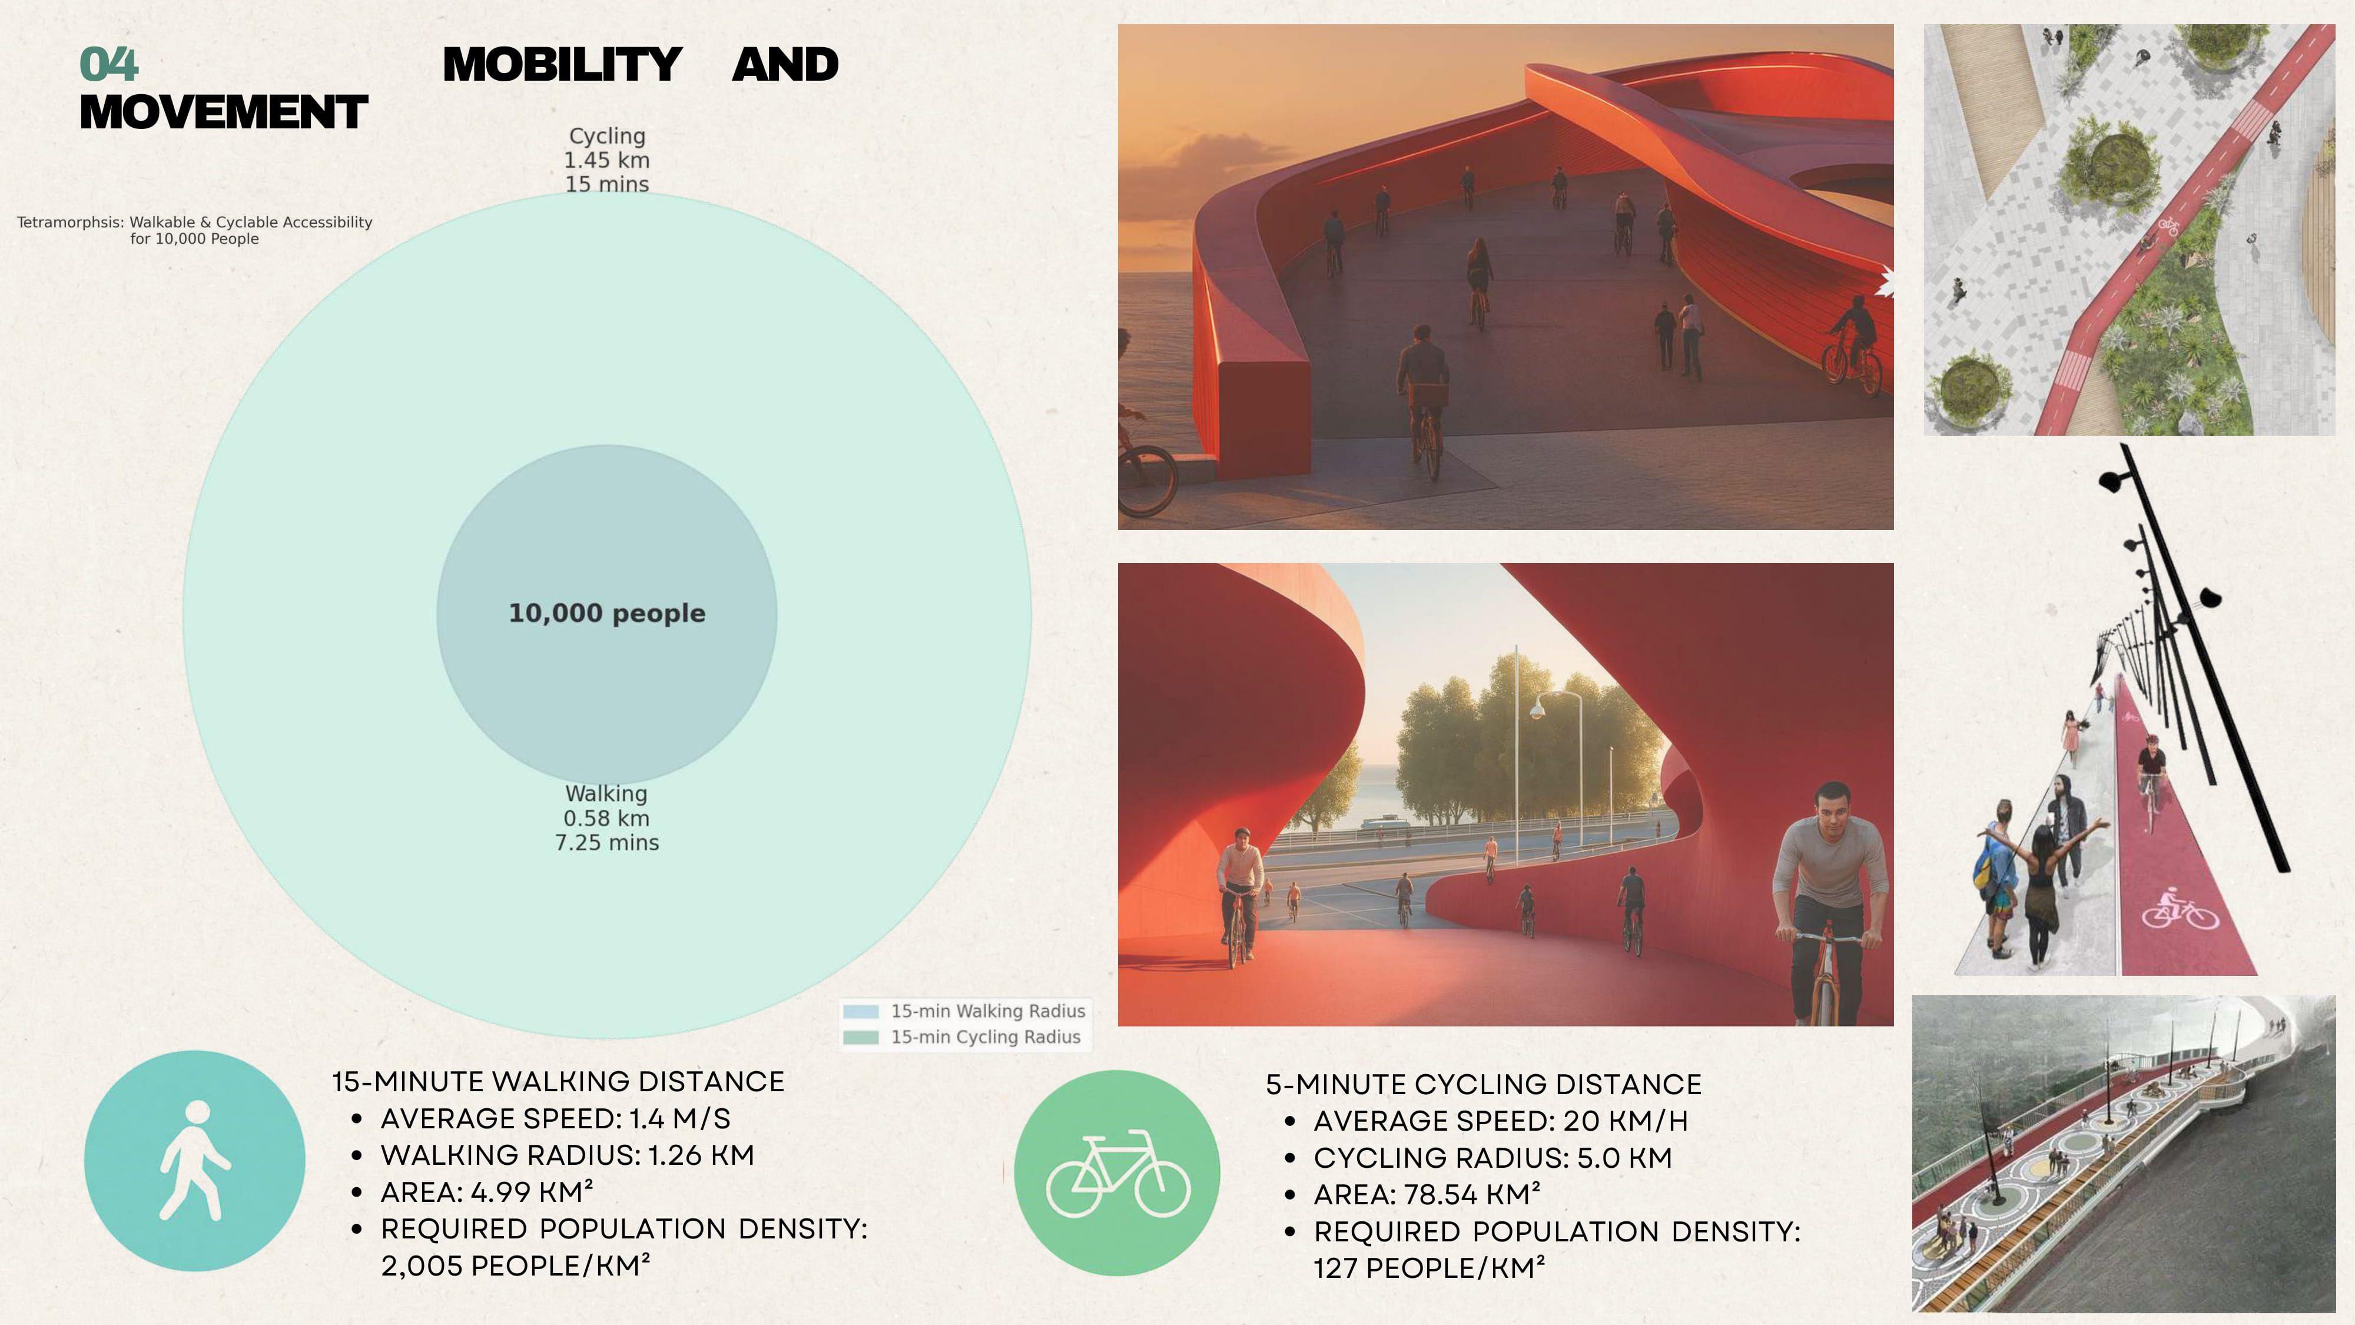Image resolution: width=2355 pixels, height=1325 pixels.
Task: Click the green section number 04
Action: click(109, 64)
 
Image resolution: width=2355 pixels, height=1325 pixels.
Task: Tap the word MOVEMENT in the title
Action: click(224, 112)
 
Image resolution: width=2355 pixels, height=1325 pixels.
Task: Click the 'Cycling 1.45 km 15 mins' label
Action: click(607, 160)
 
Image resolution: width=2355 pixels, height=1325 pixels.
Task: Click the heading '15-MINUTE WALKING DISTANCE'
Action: click(558, 1082)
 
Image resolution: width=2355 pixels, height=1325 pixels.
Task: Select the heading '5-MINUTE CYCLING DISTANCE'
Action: click(1484, 1085)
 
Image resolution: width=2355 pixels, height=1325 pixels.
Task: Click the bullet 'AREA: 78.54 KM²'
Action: click(1427, 1194)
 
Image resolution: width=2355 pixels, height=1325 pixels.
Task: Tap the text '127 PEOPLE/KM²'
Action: click(1429, 1268)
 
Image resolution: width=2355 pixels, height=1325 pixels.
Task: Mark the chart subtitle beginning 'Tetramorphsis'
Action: click(195, 230)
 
